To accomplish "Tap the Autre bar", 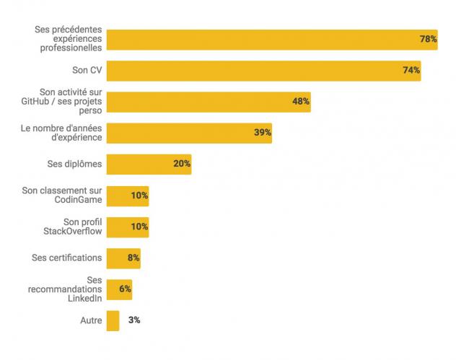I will pyautogui.click(x=113, y=320).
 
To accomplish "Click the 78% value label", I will pyautogui.click(x=428, y=39).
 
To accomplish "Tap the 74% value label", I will pyautogui.click(x=411, y=70).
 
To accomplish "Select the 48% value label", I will pyautogui.click(x=301, y=101).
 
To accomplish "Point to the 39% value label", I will pyautogui.click(x=262, y=132).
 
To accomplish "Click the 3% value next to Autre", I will pyautogui.click(x=134, y=320).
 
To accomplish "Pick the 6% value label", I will pyautogui.click(x=125, y=289).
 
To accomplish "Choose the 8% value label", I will pyautogui.click(x=133, y=258).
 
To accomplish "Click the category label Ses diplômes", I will pyautogui.click(x=74, y=164).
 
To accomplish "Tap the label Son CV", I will pyautogui.click(x=86, y=70).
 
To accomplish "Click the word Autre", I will pyautogui.click(x=90, y=320).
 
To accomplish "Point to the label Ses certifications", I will pyautogui.click(x=66, y=258).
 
